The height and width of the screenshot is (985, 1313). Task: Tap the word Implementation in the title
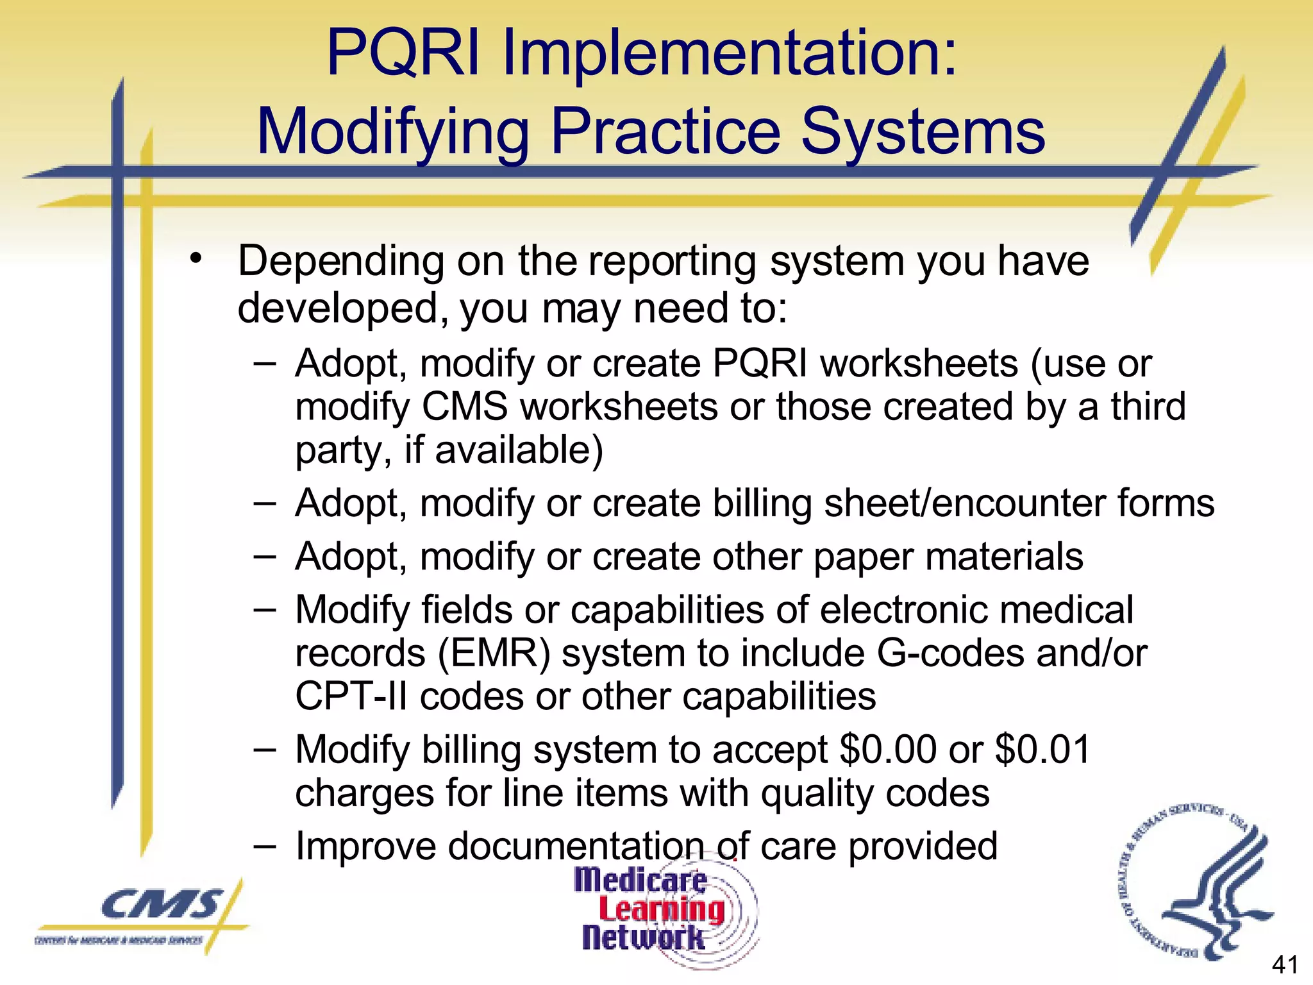pyautogui.click(x=729, y=55)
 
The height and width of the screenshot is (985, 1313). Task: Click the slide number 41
pyautogui.click(x=1285, y=964)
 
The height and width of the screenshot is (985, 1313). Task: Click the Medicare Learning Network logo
pyautogui.click(x=660, y=910)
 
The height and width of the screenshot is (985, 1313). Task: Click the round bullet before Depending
pyautogui.click(x=196, y=259)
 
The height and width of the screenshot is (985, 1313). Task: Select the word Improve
pyautogui.click(x=365, y=846)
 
